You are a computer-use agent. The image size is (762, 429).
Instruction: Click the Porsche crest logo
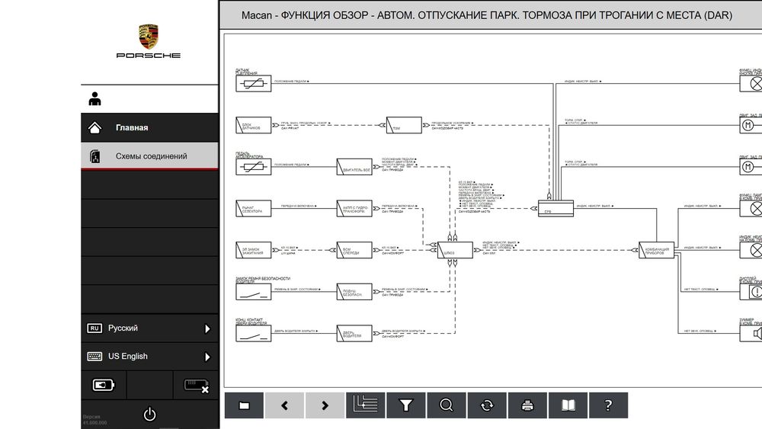pyautogui.click(x=149, y=37)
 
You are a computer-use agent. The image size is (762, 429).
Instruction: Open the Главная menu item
pyautogui.click(x=132, y=127)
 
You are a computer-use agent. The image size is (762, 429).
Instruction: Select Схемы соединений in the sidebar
pyautogui.click(x=151, y=156)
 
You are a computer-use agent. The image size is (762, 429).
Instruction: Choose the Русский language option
pyautogui.click(x=123, y=328)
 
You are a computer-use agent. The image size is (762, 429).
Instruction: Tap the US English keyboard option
pyautogui.click(x=127, y=356)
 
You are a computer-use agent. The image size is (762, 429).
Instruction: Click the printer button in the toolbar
pyautogui.click(x=527, y=405)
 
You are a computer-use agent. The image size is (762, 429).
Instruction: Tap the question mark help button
pyautogui.click(x=607, y=405)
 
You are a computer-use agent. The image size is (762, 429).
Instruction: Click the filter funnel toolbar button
pyautogui.click(x=406, y=405)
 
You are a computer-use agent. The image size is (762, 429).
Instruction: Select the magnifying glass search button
pyautogui.click(x=447, y=405)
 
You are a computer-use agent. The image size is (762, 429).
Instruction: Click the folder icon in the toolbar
pyautogui.click(x=244, y=405)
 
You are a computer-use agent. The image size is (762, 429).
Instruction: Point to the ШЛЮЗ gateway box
pyautogui.click(x=455, y=249)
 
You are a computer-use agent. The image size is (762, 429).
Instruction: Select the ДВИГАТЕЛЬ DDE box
pyautogui.click(x=354, y=166)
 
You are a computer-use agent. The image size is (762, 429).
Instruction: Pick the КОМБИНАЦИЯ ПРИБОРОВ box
pyautogui.click(x=656, y=249)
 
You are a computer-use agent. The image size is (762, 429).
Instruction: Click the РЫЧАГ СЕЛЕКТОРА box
pyautogui.click(x=253, y=208)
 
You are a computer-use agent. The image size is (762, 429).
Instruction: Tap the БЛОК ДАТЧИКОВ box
pyautogui.click(x=253, y=125)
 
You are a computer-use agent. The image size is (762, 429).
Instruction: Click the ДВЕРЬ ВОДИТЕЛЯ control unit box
pyautogui.click(x=354, y=332)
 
